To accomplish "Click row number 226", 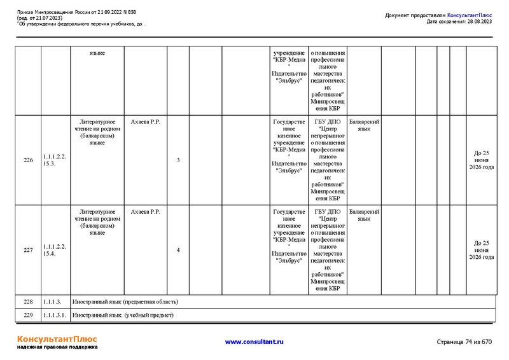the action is pos(28,160).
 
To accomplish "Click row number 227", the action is pos(28,250).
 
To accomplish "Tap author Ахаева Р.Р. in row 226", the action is pos(144,121).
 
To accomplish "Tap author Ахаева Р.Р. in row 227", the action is pos(144,212).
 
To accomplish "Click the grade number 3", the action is pos(178,160).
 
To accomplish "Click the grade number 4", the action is pos(178,250).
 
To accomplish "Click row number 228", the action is pos(28,301).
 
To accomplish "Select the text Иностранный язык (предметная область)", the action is pos(125,301).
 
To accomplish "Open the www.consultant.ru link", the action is pos(254,342).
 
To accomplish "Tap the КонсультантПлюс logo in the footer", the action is pos(57,338).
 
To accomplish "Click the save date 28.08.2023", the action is pos(478,21).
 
